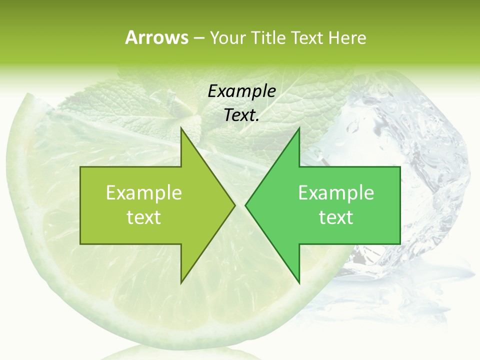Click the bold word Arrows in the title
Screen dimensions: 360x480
pyautogui.click(x=156, y=37)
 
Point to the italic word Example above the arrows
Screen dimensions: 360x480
pyautogui.click(x=241, y=91)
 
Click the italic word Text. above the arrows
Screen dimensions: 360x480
pyautogui.click(x=241, y=115)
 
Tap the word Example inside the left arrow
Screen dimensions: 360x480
pyautogui.click(x=144, y=192)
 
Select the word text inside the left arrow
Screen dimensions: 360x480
pyautogui.click(x=144, y=217)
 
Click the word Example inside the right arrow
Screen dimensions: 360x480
pyautogui.click(x=336, y=192)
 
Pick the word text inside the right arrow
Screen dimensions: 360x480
pyautogui.click(x=336, y=217)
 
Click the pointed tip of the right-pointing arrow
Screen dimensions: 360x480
pyautogui.click(x=234, y=205)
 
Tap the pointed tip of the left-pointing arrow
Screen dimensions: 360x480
pyautogui.click(x=245, y=205)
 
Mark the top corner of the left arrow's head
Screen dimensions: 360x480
pyautogui.click(x=181, y=128)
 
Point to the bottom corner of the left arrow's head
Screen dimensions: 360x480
pyautogui.click(x=181, y=282)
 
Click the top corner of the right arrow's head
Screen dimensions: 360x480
pyautogui.click(x=299, y=128)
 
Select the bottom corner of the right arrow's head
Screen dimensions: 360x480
pyautogui.click(x=299, y=282)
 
